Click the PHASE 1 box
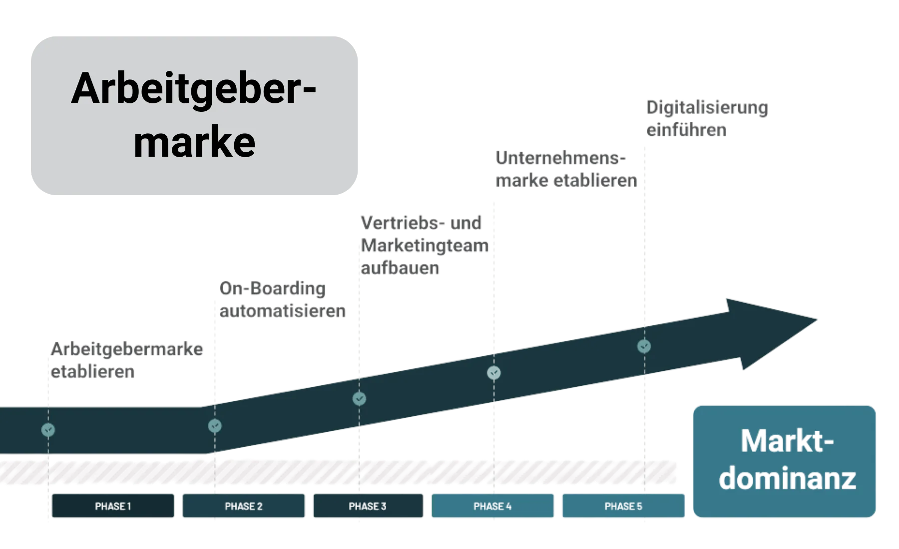(113, 506)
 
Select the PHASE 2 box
(243, 506)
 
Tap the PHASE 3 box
(368, 506)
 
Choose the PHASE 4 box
(492, 506)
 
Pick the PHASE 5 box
(623, 506)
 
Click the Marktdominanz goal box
(785, 461)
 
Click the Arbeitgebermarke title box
(194, 115)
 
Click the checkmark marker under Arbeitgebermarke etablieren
(48, 429)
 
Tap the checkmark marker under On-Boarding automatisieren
(215, 426)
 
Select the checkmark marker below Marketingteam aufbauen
(359, 399)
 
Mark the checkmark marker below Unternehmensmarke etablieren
(494, 372)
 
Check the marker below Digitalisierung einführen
(644, 345)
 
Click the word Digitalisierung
(707, 108)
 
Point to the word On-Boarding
(273, 288)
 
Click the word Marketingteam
(425, 246)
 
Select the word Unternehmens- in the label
(560, 159)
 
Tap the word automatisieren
(283, 311)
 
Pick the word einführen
(686, 130)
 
